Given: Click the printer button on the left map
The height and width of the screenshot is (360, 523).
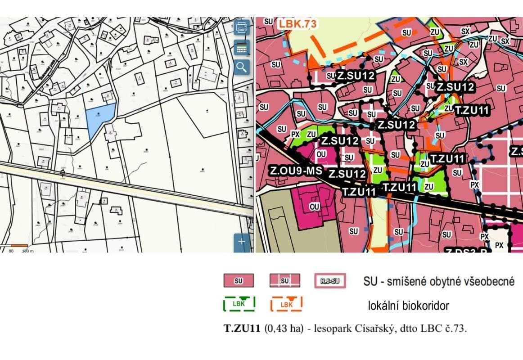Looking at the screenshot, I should tap(242, 27).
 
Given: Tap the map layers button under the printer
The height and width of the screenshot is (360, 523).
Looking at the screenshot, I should tap(242, 47).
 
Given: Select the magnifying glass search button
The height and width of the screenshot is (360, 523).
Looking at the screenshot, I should tap(242, 67).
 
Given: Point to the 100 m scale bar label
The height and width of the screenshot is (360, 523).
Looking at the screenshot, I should tap(28, 251).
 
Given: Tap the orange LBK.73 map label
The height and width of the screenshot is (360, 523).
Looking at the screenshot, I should tap(297, 24).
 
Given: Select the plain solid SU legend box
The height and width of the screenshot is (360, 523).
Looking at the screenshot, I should tap(239, 281).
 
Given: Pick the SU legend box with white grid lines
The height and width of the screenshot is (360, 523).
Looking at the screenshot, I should tap(284, 281).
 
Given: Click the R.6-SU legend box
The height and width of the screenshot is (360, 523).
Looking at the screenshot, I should tap(330, 281).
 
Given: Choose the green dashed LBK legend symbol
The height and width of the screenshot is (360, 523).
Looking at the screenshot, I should tap(239, 304).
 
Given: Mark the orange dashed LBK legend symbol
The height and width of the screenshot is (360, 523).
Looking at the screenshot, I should tap(286, 304).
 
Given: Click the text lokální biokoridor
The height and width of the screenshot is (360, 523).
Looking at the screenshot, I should tap(409, 306).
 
